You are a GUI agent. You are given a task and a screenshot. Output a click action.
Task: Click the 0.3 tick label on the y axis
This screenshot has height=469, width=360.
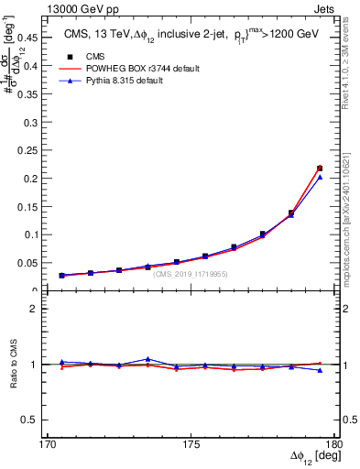click(32, 121)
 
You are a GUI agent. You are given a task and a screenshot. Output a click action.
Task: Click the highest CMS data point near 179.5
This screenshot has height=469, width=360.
click(320, 168)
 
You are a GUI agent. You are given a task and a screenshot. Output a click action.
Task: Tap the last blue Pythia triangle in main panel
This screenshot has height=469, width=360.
click(320, 177)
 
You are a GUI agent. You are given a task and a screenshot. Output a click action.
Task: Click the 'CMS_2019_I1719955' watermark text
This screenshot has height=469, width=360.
click(191, 274)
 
